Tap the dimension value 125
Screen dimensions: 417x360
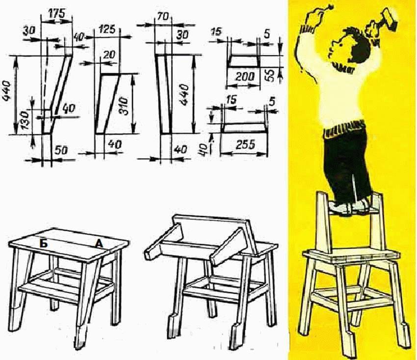point(107,29)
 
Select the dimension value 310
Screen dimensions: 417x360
point(124,106)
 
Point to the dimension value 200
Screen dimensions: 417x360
point(245,77)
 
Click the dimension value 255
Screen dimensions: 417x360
point(245,144)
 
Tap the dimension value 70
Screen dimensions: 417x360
point(163,17)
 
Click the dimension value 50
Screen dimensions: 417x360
point(61,150)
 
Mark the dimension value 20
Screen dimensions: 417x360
point(109,55)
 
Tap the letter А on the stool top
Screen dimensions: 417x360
point(99,244)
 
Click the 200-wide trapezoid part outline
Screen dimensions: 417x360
point(243,61)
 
